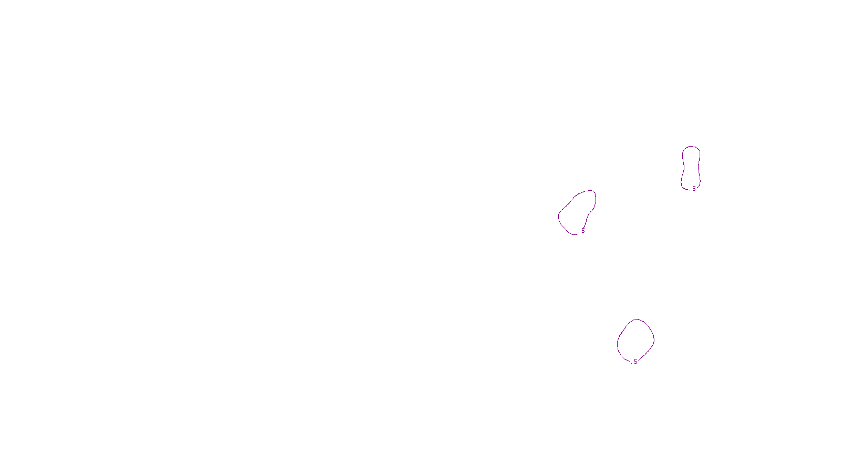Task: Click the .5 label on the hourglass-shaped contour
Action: point(693,189)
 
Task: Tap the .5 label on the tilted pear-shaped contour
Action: point(582,231)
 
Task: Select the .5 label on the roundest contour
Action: point(634,362)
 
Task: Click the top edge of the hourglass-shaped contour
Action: point(691,147)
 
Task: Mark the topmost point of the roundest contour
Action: point(637,319)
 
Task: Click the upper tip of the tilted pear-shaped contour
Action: point(592,191)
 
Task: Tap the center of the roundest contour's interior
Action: point(635,340)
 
